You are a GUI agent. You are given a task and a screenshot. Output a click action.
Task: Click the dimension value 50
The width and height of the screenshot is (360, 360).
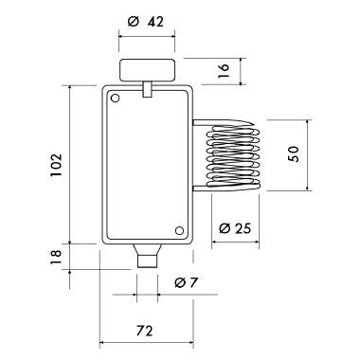point(295,153)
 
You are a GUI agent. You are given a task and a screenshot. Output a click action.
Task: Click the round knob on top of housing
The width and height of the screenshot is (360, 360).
point(148,70)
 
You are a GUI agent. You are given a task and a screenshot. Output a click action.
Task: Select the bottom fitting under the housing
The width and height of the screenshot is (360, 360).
point(147,256)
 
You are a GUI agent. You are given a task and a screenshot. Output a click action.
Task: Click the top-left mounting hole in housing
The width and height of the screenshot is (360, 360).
point(115,98)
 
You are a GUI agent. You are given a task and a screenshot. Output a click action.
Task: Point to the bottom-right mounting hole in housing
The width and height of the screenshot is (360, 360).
point(179,227)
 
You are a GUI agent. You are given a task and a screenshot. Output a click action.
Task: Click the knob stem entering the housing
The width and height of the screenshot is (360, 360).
point(148,89)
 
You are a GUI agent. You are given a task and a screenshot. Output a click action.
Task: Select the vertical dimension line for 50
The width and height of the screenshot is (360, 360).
point(311,153)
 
